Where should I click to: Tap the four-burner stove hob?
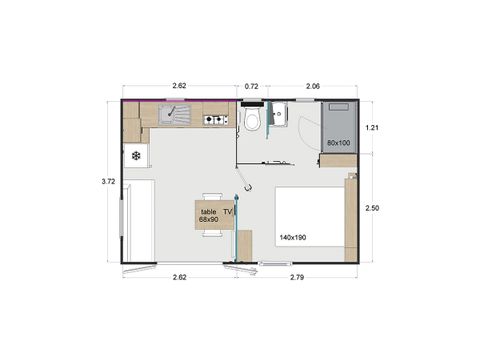coord(215,121)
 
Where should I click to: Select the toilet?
coord(254,120)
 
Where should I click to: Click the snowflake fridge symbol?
coord(134,156)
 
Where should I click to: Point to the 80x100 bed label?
coord(338,143)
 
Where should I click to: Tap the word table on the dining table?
coord(208,212)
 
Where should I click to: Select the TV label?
coord(227,212)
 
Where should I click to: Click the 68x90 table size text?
coord(210,220)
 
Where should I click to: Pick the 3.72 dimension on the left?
coord(108,181)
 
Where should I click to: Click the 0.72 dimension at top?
coord(251,86)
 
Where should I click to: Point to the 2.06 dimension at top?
coord(313,86)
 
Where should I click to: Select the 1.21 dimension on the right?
coord(372,128)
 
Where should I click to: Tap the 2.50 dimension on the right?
coord(372,207)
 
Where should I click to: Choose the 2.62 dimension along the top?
coord(180,86)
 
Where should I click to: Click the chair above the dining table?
coord(211,196)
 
